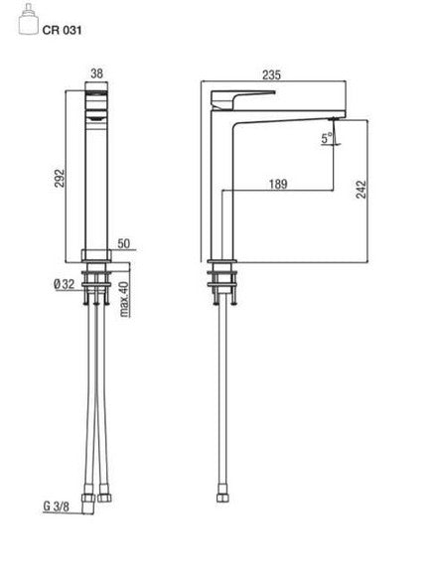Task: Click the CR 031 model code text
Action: click(62, 30)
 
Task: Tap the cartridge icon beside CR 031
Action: click(28, 19)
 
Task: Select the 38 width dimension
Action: click(96, 73)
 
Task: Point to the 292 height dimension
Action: click(60, 178)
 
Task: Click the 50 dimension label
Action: click(124, 243)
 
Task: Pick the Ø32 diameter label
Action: click(65, 284)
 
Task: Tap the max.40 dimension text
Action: click(125, 299)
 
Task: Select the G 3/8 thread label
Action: click(56, 506)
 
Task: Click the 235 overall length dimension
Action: click(272, 74)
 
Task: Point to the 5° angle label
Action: click(327, 138)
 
